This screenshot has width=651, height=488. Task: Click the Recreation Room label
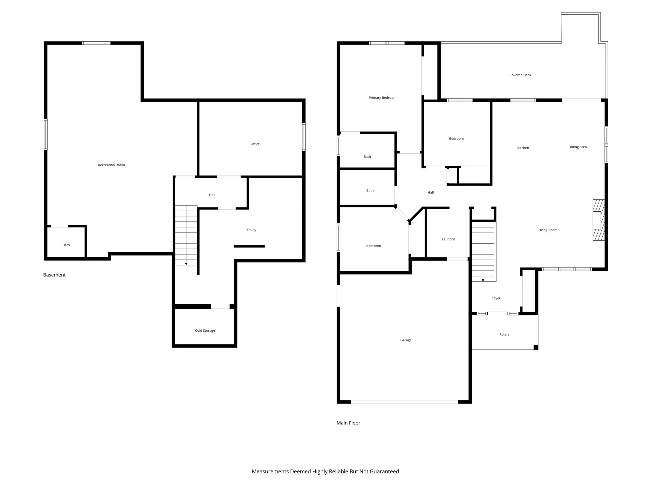click(111, 165)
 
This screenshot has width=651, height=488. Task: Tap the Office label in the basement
click(255, 144)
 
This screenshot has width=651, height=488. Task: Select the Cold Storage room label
click(205, 330)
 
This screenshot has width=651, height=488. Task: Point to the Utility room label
click(251, 230)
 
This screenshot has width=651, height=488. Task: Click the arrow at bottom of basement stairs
click(186, 264)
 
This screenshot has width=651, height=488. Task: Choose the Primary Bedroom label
click(382, 98)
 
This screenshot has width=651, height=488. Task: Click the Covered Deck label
click(520, 75)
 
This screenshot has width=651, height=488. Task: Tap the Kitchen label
click(523, 148)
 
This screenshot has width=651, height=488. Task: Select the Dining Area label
click(577, 147)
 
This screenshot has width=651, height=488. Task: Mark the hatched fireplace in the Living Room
click(599, 220)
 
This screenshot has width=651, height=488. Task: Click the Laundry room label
click(448, 239)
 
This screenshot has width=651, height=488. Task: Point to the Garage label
click(406, 340)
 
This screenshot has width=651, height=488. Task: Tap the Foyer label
click(496, 298)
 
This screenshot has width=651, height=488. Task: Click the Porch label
click(504, 334)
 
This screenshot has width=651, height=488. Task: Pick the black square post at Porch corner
click(536, 347)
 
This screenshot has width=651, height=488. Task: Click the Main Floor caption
click(348, 423)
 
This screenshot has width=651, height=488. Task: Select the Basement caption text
click(54, 275)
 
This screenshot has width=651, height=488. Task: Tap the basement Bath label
click(66, 245)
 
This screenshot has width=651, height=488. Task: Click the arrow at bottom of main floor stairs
click(483, 280)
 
